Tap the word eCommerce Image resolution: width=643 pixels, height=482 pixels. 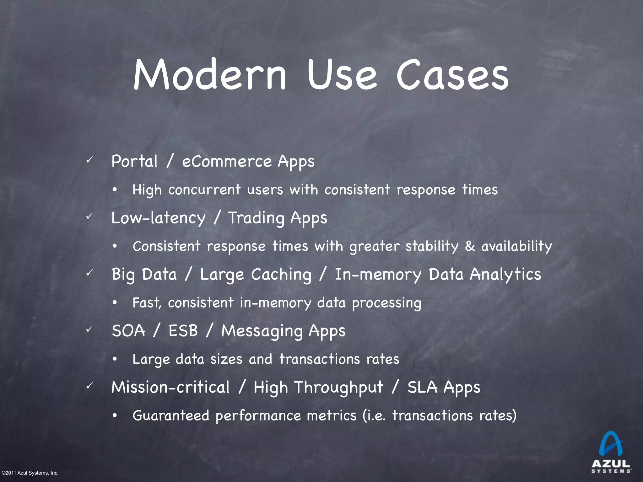pos(227,162)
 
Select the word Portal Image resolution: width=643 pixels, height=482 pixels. pos(134,162)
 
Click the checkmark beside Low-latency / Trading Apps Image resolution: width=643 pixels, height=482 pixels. pos(89,216)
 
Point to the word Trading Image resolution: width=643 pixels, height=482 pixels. pos(256,218)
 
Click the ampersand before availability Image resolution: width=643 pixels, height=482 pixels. pos(470,246)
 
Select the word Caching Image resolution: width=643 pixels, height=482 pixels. pos(281,275)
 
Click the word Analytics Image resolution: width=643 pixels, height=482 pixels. pos(505,275)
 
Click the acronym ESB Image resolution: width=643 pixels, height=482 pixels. pos(183,331)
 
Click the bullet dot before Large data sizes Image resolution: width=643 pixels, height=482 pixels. pos(115,359)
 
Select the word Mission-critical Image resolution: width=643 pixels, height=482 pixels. pos(170,387)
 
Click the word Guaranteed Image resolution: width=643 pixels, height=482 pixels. pos(171,416)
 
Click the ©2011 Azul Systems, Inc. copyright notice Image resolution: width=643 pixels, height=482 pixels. pos(30,473)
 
